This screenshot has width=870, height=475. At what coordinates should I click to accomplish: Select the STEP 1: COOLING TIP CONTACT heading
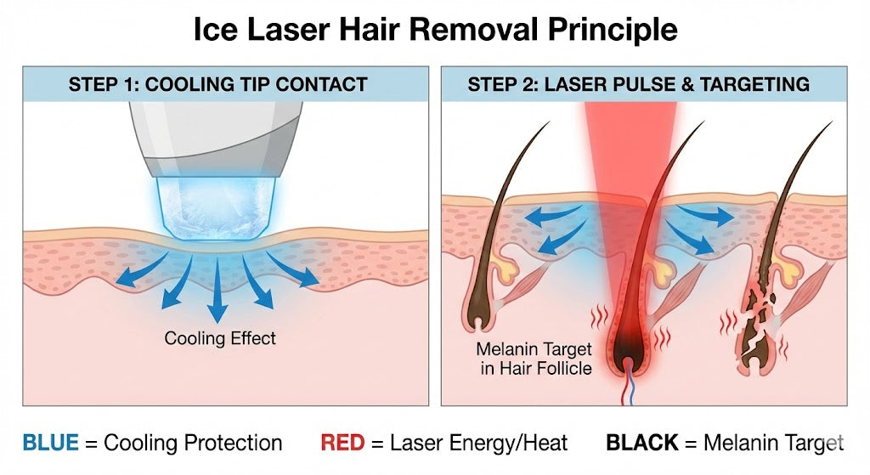tap(217, 84)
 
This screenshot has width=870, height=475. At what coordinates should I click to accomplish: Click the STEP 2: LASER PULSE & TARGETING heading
tap(638, 84)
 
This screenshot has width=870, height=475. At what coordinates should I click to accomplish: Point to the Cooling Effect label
tap(220, 338)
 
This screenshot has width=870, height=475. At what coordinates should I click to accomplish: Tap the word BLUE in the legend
tap(49, 443)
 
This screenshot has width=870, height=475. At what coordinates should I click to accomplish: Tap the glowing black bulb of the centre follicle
tap(629, 339)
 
